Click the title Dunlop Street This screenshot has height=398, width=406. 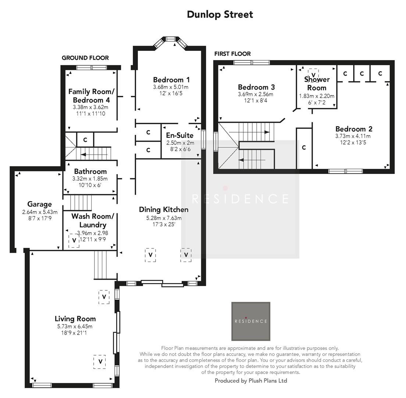[x=220, y=14]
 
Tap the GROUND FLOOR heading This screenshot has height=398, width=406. [x=85, y=58]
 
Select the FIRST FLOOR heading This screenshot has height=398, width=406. [x=232, y=54]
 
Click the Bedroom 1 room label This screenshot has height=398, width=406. [x=171, y=80]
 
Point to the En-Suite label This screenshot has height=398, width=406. [x=179, y=135]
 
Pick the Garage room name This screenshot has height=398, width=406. [x=39, y=204]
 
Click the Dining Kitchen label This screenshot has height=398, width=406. [x=164, y=210]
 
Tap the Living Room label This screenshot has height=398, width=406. [x=75, y=319]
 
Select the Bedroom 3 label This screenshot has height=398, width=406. [x=256, y=87]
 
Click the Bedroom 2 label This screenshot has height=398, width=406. [x=354, y=129]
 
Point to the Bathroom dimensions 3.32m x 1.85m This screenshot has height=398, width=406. [x=90, y=179]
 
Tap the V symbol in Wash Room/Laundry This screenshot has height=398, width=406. [x=74, y=240]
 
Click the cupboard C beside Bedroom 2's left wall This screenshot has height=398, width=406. [x=304, y=147]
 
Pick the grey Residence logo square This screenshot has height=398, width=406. [x=251, y=321]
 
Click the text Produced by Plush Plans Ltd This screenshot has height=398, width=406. [x=251, y=381]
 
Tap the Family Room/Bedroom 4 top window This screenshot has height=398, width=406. [x=92, y=67]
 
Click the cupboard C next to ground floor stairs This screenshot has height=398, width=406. [x=85, y=140]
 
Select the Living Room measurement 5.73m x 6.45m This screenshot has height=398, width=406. [x=75, y=327]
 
